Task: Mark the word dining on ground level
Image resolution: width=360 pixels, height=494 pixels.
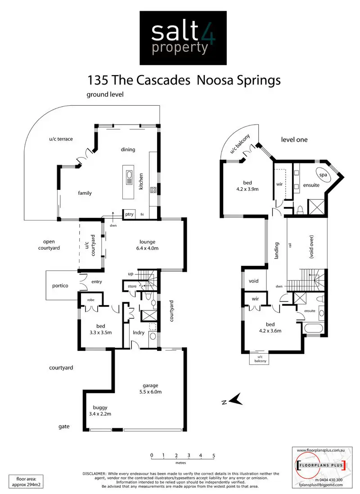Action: coord(128,150)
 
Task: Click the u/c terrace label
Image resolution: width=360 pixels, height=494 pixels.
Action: coord(61,139)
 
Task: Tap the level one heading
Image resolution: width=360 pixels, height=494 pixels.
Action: coord(294,139)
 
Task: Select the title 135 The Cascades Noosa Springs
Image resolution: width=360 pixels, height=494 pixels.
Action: coord(184,80)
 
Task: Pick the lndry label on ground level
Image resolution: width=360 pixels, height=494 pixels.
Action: coord(138,333)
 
